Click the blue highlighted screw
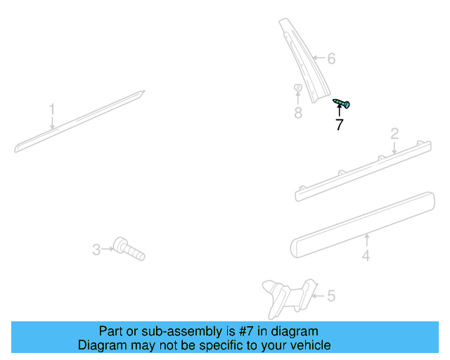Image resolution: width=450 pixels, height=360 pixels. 341,104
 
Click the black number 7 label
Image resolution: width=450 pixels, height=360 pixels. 340,126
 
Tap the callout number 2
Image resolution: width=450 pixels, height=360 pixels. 394,133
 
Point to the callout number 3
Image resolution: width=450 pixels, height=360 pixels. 96,249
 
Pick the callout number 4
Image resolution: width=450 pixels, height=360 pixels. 366,256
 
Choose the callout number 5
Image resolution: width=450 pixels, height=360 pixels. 330,296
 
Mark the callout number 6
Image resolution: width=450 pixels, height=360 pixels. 331,59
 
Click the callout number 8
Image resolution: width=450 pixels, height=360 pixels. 298,112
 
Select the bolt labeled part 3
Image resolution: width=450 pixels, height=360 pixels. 129,248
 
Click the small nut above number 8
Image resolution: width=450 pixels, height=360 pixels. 297,89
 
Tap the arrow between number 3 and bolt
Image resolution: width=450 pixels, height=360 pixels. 108,248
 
